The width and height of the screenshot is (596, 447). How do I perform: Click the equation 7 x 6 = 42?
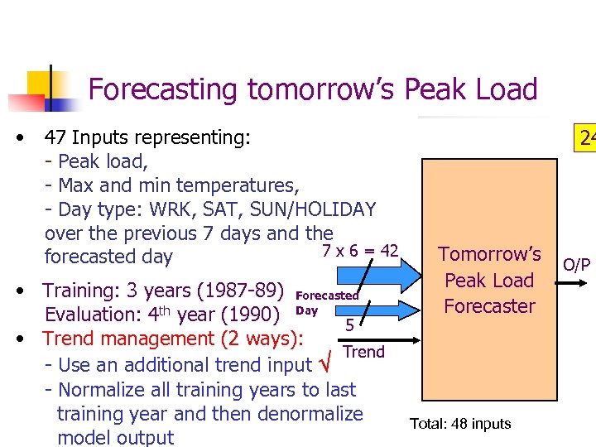point(360,251)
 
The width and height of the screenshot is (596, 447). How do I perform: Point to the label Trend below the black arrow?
point(363,352)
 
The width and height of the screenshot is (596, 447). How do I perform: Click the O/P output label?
point(576,265)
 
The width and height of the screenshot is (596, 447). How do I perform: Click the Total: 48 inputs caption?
point(460,424)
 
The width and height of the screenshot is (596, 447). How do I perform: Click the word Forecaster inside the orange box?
point(489,305)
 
